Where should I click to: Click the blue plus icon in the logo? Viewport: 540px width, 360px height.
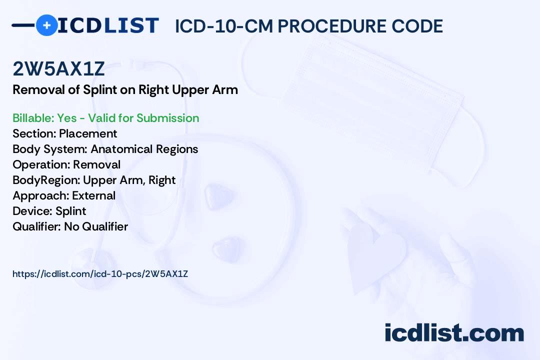point(47,25)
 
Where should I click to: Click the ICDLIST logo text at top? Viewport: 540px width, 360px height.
point(108,25)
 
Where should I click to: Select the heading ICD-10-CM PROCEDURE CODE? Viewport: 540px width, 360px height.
point(309,26)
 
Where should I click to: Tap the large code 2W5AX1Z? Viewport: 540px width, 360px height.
point(58,69)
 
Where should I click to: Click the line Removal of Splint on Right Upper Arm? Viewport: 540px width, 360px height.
point(125,90)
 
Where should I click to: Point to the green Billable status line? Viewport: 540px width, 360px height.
point(106,118)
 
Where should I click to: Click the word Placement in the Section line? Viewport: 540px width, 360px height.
point(88,133)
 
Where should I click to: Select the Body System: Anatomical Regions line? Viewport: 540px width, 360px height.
point(105,149)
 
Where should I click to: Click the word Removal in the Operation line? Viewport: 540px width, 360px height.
point(97,164)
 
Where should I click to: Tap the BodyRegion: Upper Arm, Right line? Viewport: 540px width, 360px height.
point(94,180)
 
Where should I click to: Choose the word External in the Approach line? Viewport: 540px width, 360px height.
point(93,195)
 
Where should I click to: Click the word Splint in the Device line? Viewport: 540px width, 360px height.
point(71,211)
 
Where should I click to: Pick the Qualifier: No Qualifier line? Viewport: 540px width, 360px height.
point(70,226)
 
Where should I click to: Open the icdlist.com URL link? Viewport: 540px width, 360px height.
point(100,274)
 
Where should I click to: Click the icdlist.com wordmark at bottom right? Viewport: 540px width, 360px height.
point(454,333)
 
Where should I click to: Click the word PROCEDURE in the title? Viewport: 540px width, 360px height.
point(332,26)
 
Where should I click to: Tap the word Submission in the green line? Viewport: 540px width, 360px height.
point(167,118)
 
